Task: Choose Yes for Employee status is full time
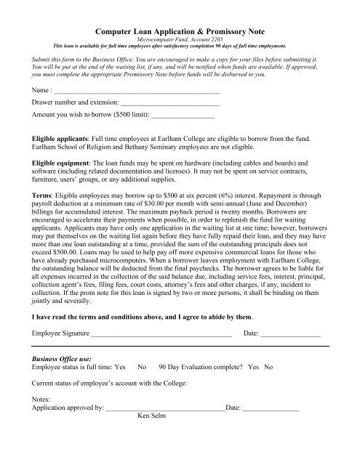coord(121,368)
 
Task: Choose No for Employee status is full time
coord(143,368)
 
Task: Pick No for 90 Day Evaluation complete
coord(268,368)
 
